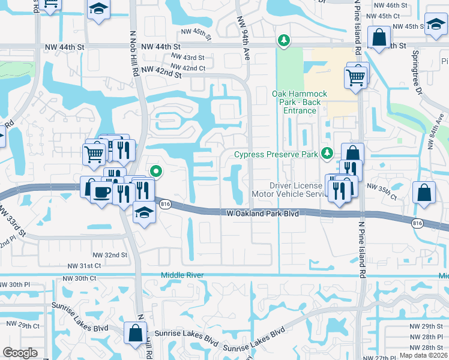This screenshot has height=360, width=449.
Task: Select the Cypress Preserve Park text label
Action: coord(276,154)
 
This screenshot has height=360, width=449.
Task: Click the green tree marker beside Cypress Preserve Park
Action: coord(327,154)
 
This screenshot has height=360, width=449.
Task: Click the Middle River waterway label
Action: coord(182,275)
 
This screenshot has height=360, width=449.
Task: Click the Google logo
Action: coord(20,353)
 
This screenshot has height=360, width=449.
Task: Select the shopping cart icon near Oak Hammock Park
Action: coord(355,77)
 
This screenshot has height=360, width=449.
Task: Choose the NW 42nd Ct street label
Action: coord(188,68)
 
